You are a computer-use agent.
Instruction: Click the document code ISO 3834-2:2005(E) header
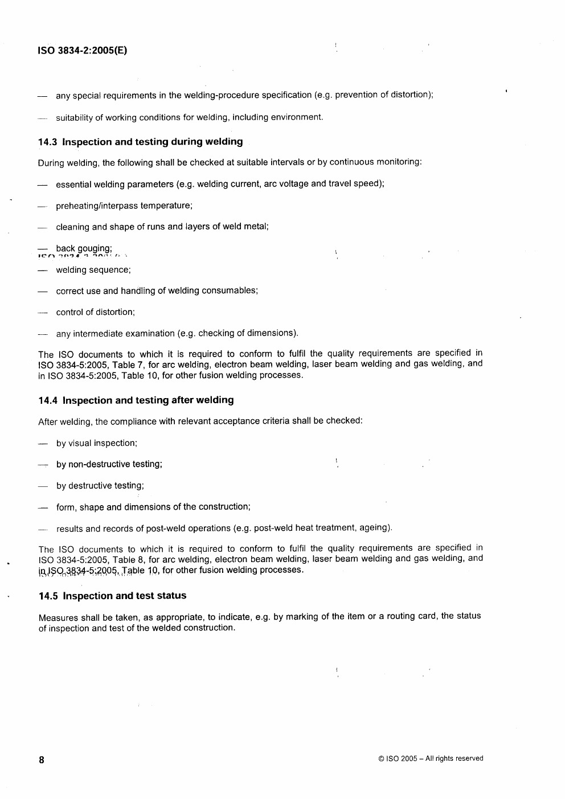point(83,50)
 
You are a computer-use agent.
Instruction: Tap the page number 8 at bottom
point(42,760)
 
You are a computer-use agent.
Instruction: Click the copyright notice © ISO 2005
point(430,759)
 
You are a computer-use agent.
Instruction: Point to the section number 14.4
point(48,400)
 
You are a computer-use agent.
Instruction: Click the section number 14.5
point(48,596)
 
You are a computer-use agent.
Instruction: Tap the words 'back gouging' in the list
point(84,248)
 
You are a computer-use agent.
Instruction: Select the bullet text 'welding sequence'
point(93,270)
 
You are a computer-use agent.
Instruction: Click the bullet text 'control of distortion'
point(95,312)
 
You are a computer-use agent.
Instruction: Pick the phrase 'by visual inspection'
point(96,443)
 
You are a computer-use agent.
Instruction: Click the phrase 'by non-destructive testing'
point(109,464)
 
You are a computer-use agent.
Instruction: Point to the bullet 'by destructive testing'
point(100,486)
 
